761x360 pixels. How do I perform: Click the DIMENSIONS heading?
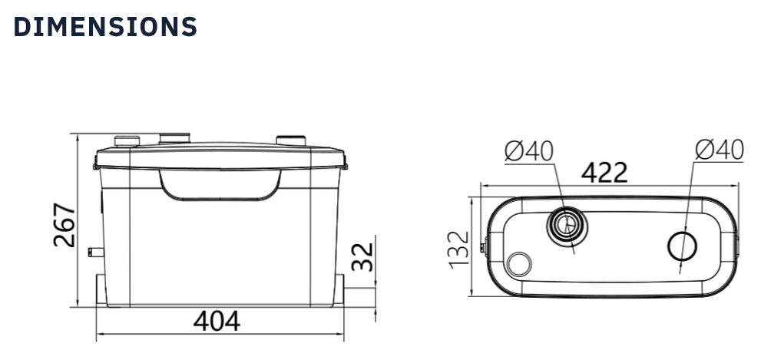point(105,27)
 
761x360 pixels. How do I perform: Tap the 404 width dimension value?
point(216,321)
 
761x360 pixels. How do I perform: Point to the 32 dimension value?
point(362,256)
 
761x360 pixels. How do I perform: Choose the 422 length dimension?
point(604,173)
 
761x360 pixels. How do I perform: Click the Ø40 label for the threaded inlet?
point(529,151)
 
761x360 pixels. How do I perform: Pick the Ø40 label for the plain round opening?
point(719,151)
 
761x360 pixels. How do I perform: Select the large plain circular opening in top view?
point(682,247)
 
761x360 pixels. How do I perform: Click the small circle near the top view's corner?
point(519,264)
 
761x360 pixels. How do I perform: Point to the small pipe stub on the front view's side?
point(95,251)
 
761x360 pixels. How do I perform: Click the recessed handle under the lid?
point(219,185)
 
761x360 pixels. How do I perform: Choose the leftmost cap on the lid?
point(126,140)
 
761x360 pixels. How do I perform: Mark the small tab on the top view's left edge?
point(483,247)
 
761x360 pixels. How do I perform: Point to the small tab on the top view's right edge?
point(738,247)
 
